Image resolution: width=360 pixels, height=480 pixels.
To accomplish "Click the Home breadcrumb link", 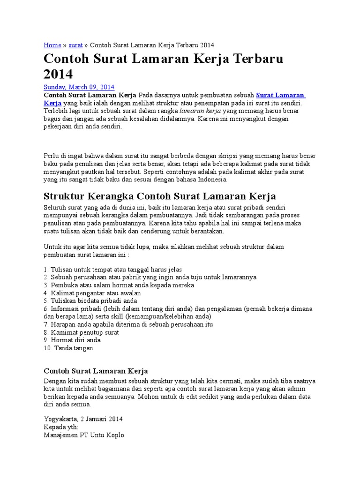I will (x=52, y=45).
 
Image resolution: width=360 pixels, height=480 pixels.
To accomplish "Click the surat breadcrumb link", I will (x=75, y=45).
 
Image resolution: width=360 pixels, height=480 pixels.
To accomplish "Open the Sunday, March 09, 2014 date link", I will (x=79, y=87).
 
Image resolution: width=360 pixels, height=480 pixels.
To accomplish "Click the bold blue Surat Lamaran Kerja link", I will (x=280, y=95).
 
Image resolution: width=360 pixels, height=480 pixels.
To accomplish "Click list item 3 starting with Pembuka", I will (x=119, y=285).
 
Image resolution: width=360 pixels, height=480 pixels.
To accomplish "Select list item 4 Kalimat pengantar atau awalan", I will (x=92, y=293).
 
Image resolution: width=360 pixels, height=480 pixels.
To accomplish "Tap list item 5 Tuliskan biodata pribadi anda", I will (x=90, y=301).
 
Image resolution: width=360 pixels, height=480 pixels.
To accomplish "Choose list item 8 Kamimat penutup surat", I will (x=82, y=332).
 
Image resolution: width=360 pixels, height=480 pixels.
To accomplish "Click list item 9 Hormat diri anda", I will (x=72, y=340).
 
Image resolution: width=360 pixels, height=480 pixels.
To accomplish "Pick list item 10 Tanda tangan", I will (x=68, y=348).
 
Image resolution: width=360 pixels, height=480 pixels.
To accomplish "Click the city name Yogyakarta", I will (x=60, y=419).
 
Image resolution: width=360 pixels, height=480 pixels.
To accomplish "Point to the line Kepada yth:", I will (x=61, y=427).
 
